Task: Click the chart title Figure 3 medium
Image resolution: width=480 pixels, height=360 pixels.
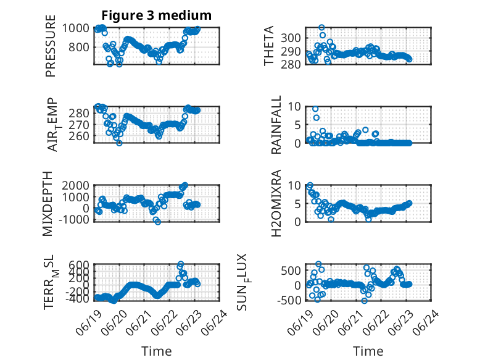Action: (157, 15)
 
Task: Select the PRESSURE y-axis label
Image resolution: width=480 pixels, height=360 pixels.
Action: (50, 46)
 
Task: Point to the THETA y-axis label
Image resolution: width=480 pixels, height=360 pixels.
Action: (268, 46)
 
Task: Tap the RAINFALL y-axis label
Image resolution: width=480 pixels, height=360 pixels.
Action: (276, 125)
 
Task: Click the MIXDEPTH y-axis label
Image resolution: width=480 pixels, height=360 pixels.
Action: (48, 204)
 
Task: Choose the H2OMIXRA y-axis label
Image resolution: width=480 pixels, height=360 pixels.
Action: (276, 203)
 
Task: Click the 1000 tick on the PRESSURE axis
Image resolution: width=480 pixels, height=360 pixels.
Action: (76, 28)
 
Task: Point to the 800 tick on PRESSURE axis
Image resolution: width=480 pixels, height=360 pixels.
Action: (79, 48)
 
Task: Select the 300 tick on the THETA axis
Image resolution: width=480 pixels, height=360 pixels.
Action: (291, 38)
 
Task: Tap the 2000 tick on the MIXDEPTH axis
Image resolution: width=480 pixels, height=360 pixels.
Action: (76, 185)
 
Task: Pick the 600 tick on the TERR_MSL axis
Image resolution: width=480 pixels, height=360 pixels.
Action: (79, 265)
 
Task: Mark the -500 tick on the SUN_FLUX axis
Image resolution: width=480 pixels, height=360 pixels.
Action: (289, 300)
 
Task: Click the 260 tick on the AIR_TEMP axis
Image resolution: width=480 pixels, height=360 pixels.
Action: (79, 136)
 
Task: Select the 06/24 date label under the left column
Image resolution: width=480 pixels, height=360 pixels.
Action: (215, 322)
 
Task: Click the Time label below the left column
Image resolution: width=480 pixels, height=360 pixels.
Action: (157, 351)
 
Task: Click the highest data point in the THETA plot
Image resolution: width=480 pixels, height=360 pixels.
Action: (321, 28)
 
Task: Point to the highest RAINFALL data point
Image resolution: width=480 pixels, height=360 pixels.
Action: (315, 109)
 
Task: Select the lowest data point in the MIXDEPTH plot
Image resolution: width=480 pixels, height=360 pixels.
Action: (158, 222)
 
